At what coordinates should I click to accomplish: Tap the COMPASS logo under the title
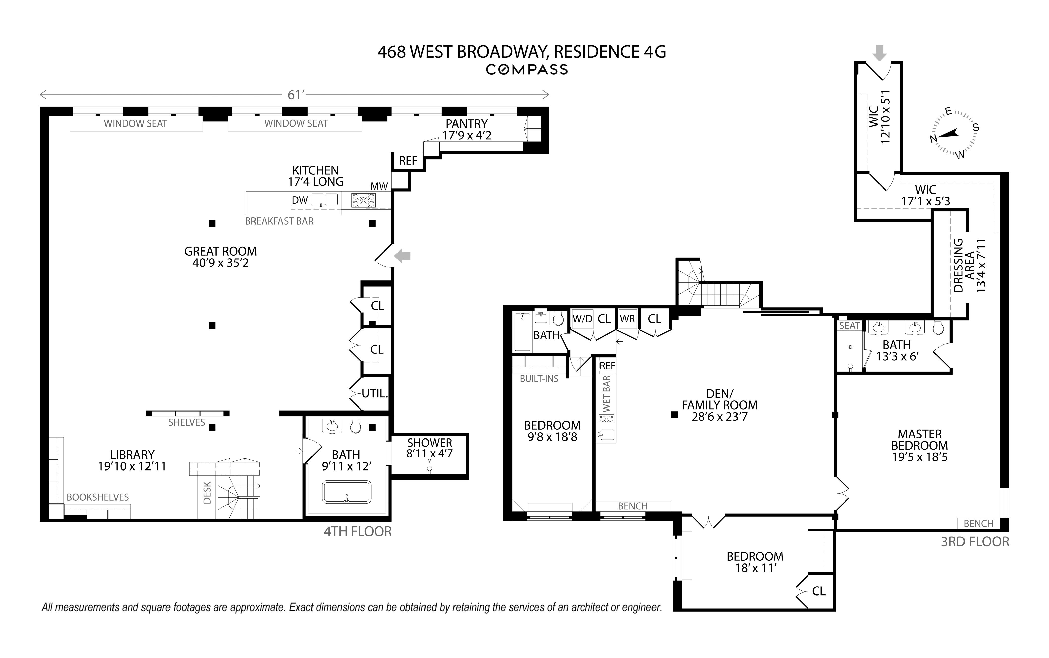(526, 70)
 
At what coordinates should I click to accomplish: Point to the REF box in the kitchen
(408, 161)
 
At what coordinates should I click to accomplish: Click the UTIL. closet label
(375, 393)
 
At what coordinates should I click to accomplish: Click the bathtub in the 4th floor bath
(347, 492)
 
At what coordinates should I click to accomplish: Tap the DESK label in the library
(207, 493)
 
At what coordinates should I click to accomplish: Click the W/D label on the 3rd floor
(582, 319)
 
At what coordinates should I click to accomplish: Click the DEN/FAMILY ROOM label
(719, 405)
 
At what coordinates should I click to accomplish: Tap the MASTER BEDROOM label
(920, 446)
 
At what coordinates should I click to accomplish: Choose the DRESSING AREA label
(969, 265)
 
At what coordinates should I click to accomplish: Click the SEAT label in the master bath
(849, 326)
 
